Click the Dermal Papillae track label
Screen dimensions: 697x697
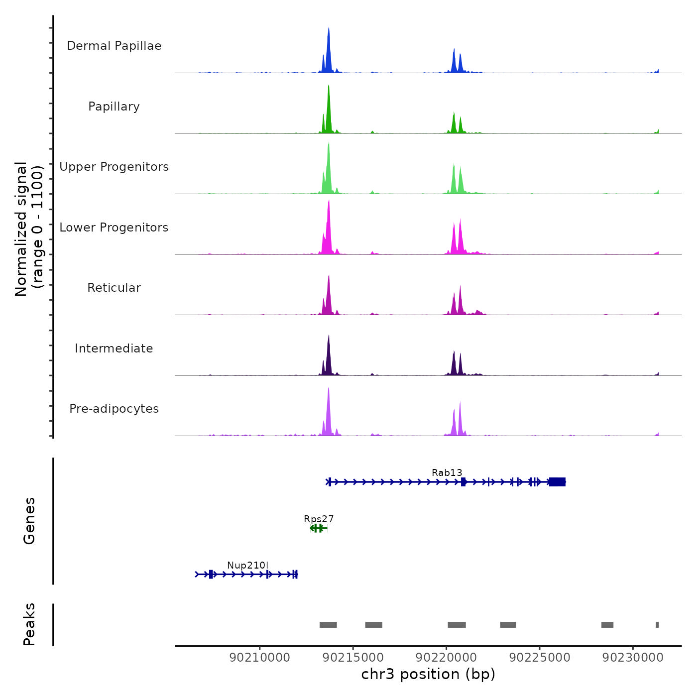[114, 46]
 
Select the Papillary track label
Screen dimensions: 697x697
[114, 107]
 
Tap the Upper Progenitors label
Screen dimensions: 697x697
[114, 167]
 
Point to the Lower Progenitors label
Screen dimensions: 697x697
[114, 228]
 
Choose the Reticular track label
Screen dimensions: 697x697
[114, 288]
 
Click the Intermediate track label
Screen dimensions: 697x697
[114, 348]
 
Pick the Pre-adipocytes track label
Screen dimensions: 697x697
[114, 409]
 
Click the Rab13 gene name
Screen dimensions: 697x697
[447, 472]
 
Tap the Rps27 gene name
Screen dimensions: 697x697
[319, 519]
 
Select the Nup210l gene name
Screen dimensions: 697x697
[247, 565]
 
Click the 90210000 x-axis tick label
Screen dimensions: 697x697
[260, 658]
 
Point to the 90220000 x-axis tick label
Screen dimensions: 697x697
[447, 658]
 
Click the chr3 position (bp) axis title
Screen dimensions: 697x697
[428, 674]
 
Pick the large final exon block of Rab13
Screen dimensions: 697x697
[557, 481]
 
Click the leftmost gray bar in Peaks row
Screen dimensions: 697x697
[328, 625]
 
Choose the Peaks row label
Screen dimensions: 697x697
[29, 624]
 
